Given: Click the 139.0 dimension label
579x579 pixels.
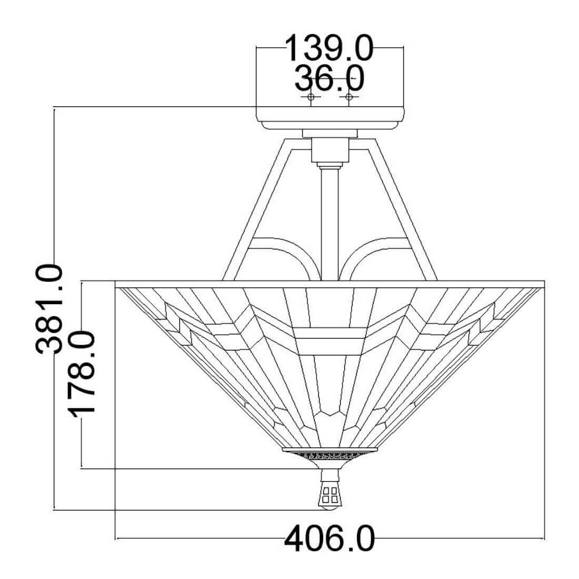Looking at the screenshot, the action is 329,48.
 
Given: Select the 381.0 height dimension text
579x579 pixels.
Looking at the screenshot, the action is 49,309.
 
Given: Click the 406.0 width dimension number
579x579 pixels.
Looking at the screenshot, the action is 330,539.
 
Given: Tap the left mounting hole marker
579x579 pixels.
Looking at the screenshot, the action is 311,97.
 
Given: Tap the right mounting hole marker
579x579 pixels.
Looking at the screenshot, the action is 348,97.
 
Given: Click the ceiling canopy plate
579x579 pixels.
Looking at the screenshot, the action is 330,118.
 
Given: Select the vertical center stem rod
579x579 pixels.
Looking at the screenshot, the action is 330,223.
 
